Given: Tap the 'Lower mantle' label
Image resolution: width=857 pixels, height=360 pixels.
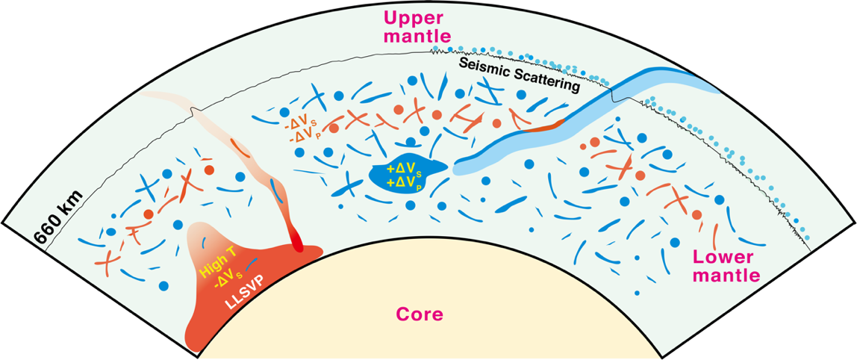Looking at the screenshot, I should [x=726, y=267].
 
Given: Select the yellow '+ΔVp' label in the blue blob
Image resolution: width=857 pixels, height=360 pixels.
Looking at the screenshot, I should [x=408, y=182].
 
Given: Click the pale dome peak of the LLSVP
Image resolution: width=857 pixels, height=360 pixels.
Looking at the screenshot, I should [x=202, y=228].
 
